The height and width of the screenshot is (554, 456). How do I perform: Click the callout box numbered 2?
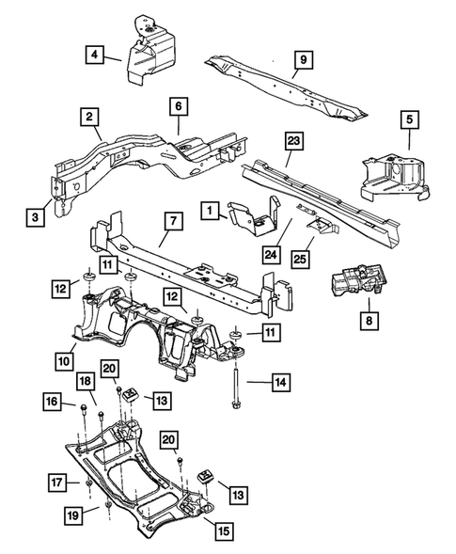[89, 118]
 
